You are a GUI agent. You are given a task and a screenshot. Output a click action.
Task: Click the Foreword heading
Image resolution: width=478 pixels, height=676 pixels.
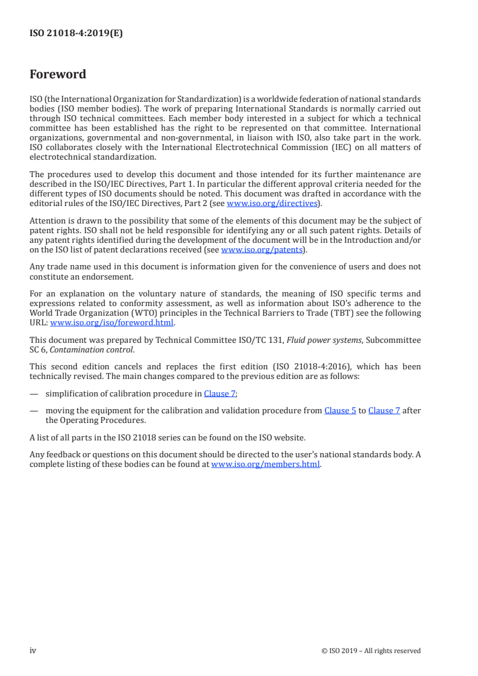tap(58, 75)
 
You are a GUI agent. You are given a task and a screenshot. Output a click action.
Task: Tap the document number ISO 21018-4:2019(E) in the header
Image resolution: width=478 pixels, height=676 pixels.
tap(76, 34)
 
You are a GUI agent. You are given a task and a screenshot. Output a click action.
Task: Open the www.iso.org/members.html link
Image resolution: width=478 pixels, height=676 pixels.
tap(265, 464)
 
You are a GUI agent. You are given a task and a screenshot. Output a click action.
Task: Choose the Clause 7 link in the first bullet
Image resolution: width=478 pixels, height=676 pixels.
tap(215, 393)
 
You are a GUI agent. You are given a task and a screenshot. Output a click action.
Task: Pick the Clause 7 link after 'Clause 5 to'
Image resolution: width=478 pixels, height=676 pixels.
tap(384, 410)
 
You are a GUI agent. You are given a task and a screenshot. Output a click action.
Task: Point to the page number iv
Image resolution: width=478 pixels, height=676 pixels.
tap(33, 650)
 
